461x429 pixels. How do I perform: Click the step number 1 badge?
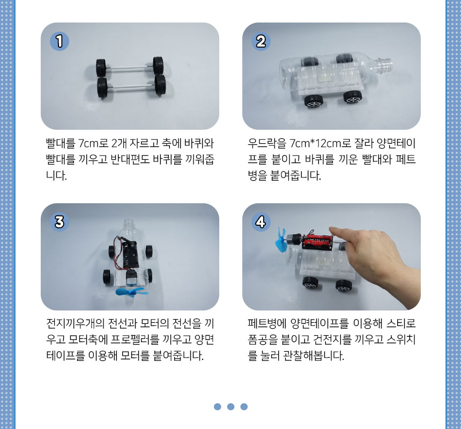tap(60, 41)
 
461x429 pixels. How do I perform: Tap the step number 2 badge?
tap(261, 41)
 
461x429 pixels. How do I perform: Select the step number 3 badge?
tap(60, 221)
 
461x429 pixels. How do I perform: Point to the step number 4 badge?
tap(261, 221)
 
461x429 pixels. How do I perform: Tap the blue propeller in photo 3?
tap(130, 291)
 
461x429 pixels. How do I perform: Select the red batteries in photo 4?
tap(318, 242)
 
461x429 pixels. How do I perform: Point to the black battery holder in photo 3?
tap(130, 255)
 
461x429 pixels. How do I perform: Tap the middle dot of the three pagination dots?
tap(230, 406)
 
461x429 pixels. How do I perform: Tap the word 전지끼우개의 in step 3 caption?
tap(76, 323)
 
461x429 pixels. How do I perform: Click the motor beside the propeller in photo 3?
tap(131, 277)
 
